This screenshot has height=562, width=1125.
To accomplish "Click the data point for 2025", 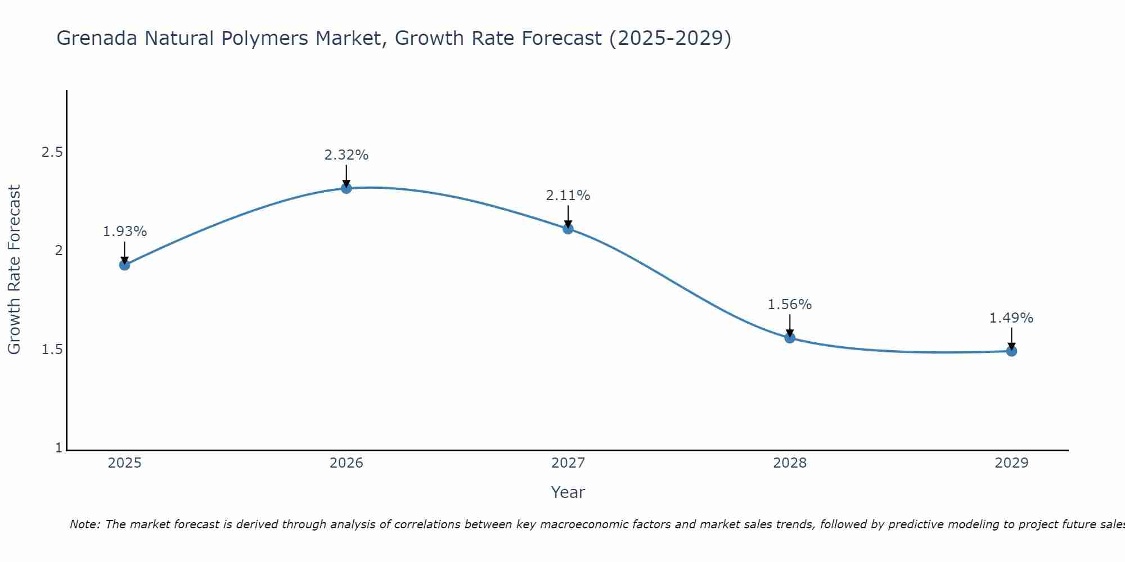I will tap(125, 265).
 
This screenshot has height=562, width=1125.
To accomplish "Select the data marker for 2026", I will tap(346, 188).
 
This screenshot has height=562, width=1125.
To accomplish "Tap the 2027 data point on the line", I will tap(568, 229).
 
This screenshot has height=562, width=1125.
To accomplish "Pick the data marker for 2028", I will tap(790, 338).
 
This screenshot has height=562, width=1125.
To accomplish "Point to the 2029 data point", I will tap(1011, 351).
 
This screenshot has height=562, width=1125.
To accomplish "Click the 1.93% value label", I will tap(125, 232).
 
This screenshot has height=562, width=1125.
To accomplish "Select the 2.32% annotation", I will tap(346, 155).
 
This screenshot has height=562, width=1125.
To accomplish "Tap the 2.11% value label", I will tap(568, 196).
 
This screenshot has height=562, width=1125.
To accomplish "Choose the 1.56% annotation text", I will tap(790, 305).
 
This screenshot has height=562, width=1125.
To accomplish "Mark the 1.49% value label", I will tap(1011, 318).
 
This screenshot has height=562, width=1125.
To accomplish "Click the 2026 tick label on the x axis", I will tap(346, 463).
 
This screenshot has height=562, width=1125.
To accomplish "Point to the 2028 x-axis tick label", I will tap(790, 463).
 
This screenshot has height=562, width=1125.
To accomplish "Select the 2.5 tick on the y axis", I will tap(52, 152).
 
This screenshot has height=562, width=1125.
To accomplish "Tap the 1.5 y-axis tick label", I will tap(52, 350).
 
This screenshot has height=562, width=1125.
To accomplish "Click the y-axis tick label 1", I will tap(58, 448).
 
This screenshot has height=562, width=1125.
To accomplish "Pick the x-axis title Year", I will tap(568, 492).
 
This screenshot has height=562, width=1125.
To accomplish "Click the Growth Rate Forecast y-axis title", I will tap(15, 270).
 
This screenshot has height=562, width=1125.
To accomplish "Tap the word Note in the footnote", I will tap(84, 524).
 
